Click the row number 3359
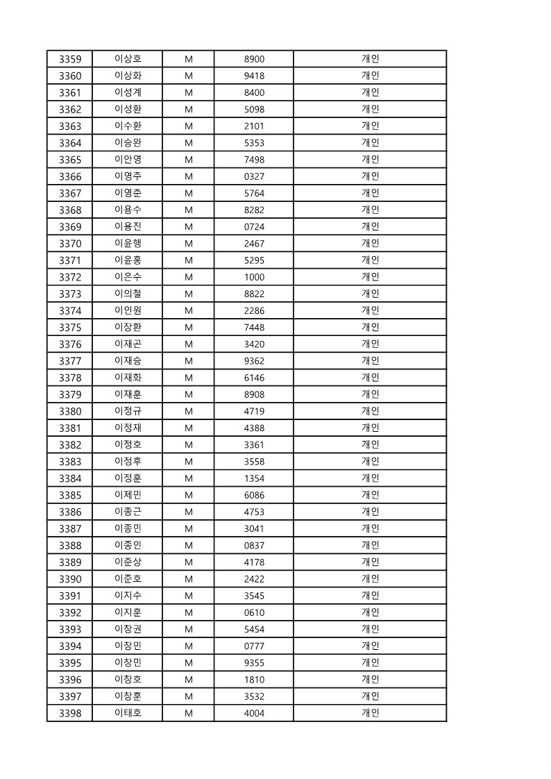(x=70, y=59)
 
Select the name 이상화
(x=128, y=76)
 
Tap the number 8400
(x=254, y=92)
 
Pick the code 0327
(x=254, y=176)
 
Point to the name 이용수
(x=128, y=210)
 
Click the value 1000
(x=254, y=277)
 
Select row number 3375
(x=70, y=327)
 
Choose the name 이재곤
(x=128, y=344)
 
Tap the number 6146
(x=254, y=378)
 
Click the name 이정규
(x=128, y=411)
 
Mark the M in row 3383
(x=188, y=462)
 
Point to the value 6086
(x=254, y=495)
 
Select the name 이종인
(x=128, y=545)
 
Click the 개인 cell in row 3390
(x=370, y=579)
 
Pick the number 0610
(x=254, y=612)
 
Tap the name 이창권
(x=128, y=629)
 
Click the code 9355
(x=254, y=662)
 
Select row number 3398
(x=70, y=713)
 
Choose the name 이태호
(x=128, y=713)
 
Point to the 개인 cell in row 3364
(x=370, y=143)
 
